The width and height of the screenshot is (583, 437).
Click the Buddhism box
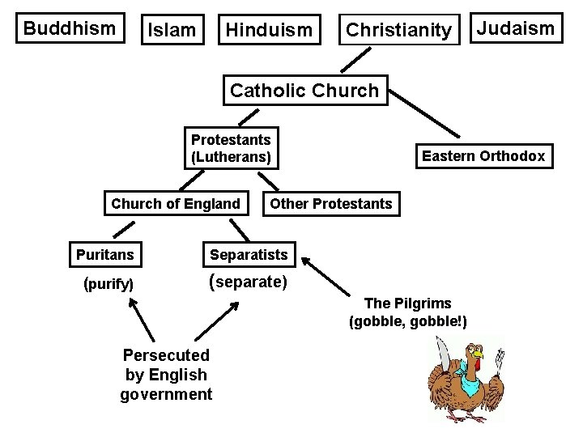point(70,28)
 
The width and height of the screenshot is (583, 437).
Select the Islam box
point(170,31)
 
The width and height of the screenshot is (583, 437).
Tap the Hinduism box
point(269,31)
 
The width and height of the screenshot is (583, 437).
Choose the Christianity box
point(398,31)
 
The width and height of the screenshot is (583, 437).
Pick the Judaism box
point(516,29)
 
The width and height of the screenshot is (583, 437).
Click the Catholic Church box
point(304,91)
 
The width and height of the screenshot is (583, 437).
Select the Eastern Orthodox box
point(483,155)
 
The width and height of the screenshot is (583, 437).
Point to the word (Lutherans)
point(231,157)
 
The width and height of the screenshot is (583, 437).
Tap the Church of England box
point(176,204)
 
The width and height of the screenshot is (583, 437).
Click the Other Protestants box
point(330,204)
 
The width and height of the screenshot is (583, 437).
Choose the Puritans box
point(105,255)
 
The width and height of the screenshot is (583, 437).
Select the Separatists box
point(249,255)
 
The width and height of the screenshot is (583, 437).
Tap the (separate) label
point(248,283)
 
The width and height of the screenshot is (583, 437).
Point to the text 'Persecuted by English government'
point(166,375)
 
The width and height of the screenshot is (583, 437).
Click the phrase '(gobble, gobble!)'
point(408,321)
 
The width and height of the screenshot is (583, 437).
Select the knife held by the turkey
point(441,354)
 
